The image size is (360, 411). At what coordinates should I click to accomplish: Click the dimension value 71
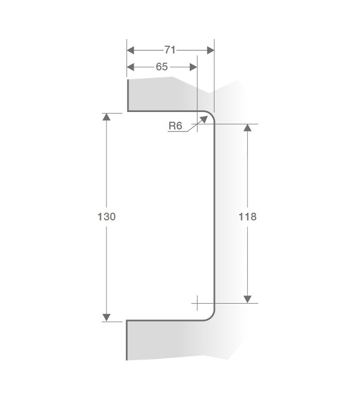[170, 50]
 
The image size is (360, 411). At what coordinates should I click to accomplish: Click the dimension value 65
[161, 67]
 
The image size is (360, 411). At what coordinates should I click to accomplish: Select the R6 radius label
[175, 125]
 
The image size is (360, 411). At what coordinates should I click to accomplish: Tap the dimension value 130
[106, 216]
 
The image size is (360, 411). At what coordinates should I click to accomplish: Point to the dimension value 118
[247, 216]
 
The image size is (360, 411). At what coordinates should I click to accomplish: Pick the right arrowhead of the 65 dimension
[193, 67]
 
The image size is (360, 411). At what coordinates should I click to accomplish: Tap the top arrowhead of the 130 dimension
[106, 117]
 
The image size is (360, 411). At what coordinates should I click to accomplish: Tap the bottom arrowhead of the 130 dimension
[106, 317]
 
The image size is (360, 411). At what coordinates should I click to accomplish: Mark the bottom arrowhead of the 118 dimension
[247, 298]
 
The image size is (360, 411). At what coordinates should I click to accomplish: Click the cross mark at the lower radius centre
[197, 303]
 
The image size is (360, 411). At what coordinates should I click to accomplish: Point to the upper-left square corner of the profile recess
[128, 110]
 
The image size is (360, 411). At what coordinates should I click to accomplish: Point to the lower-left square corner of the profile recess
[127, 321]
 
